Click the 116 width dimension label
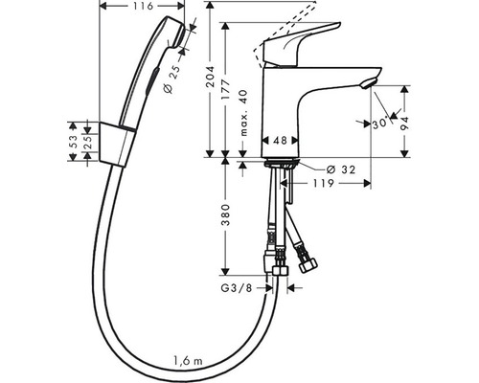(x=142, y=6)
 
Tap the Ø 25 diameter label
(x=171, y=79)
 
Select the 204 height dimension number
(x=210, y=77)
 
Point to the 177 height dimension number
(x=226, y=89)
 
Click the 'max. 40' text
(x=243, y=113)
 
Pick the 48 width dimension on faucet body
(x=280, y=140)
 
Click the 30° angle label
(x=380, y=123)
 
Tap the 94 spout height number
(x=404, y=124)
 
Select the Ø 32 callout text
(x=340, y=169)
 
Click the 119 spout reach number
(x=323, y=183)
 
